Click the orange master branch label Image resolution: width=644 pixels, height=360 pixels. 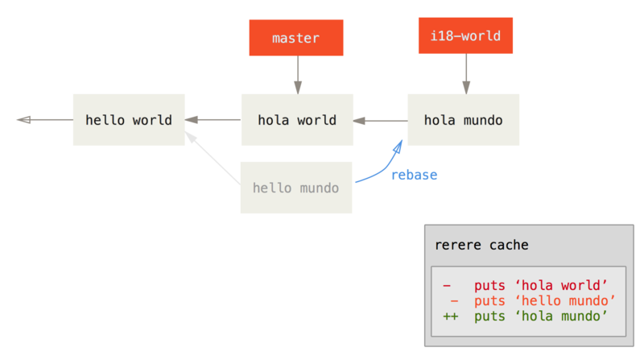pos(295,38)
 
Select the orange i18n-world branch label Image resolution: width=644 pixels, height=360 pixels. pos(464,35)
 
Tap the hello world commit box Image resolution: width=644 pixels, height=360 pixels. pos(128,120)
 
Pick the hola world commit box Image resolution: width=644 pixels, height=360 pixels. pos(296,120)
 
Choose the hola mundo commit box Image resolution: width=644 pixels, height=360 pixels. pos(463,120)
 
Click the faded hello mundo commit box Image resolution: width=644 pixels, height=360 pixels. pos(295,188)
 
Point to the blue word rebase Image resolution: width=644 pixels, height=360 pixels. pos(414,175)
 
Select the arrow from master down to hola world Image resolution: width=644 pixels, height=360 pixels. pos(297,75)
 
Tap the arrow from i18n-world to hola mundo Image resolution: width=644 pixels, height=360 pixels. pos(464,73)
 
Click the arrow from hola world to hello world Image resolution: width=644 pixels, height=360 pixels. pos(213,120)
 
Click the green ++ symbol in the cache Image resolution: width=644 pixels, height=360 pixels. pos(449,316)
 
